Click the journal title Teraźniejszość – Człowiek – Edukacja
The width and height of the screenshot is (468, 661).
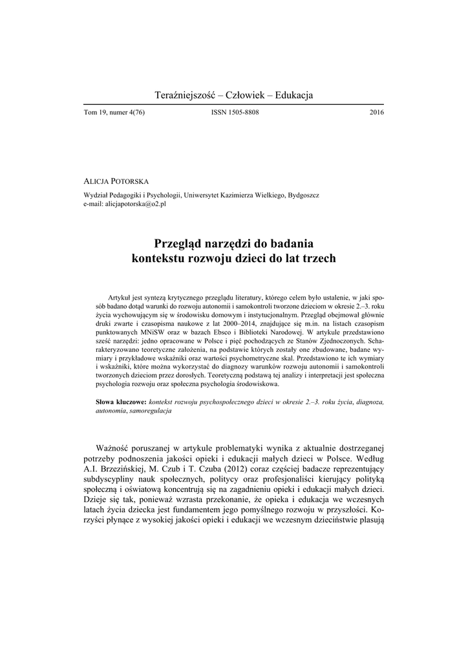pyautogui.click(x=234, y=96)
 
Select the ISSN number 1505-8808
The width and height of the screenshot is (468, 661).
pyautogui.click(x=235, y=112)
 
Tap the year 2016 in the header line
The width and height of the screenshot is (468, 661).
pyautogui.click(x=377, y=112)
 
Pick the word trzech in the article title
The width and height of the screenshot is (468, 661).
pyautogui.click(x=317, y=258)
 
